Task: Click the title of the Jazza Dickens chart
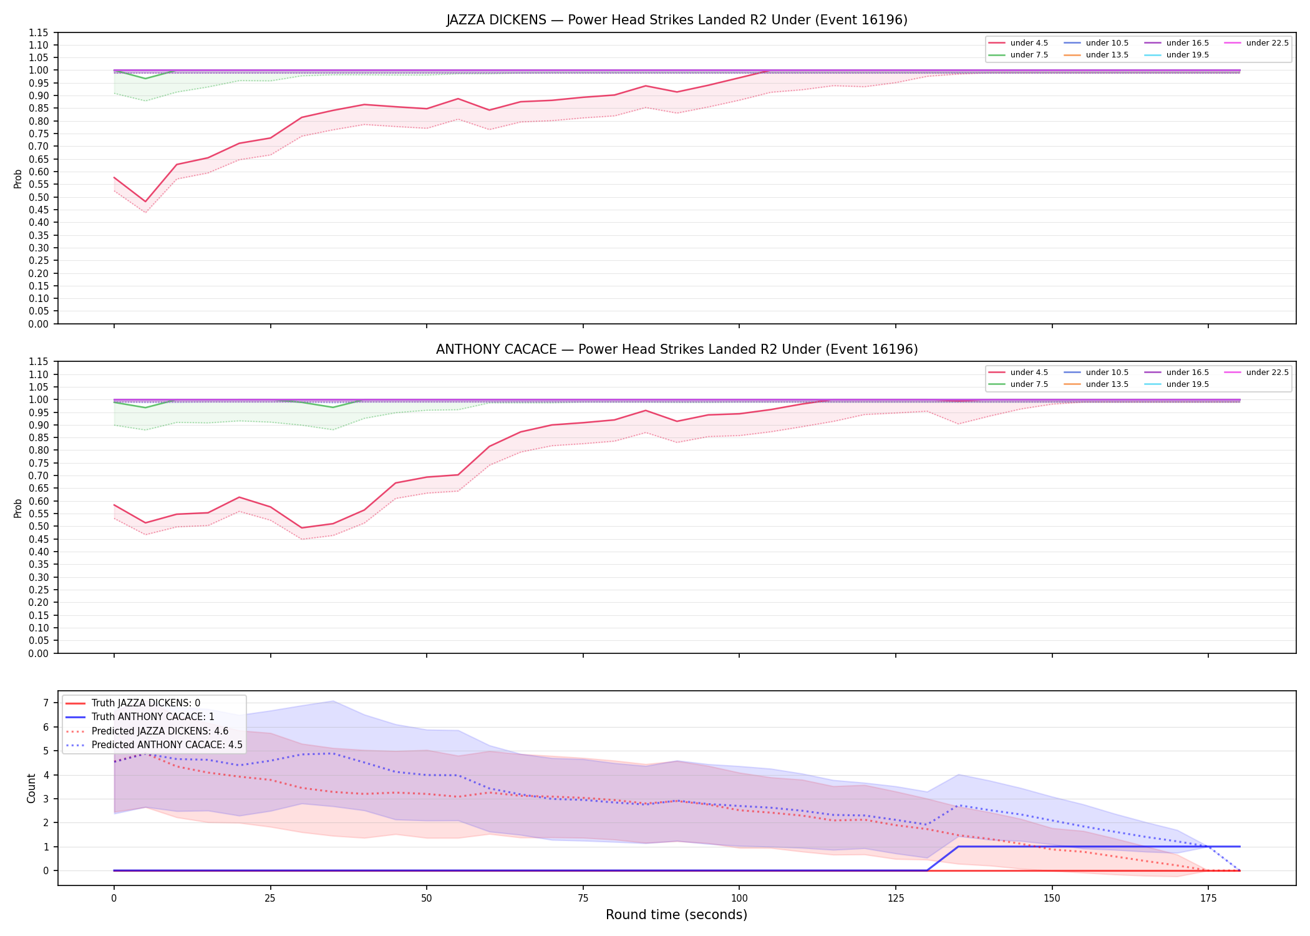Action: [x=677, y=20]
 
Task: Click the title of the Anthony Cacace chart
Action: [x=677, y=349]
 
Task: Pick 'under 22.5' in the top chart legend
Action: [x=1267, y=43]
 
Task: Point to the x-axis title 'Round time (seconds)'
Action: [x=676, y=915]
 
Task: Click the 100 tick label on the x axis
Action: [x=739, y=899]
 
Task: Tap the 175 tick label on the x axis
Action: [x=1208, y=899]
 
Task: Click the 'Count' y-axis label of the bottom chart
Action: [x=31, y=788]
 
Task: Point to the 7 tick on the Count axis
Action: [x=46, y=703]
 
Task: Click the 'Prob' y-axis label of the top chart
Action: [x=18, y=178]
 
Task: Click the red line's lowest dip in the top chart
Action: [x=145, y=202]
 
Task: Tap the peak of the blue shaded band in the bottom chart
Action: [x=333, y=701]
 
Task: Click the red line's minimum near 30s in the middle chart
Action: [x=302, y=528]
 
